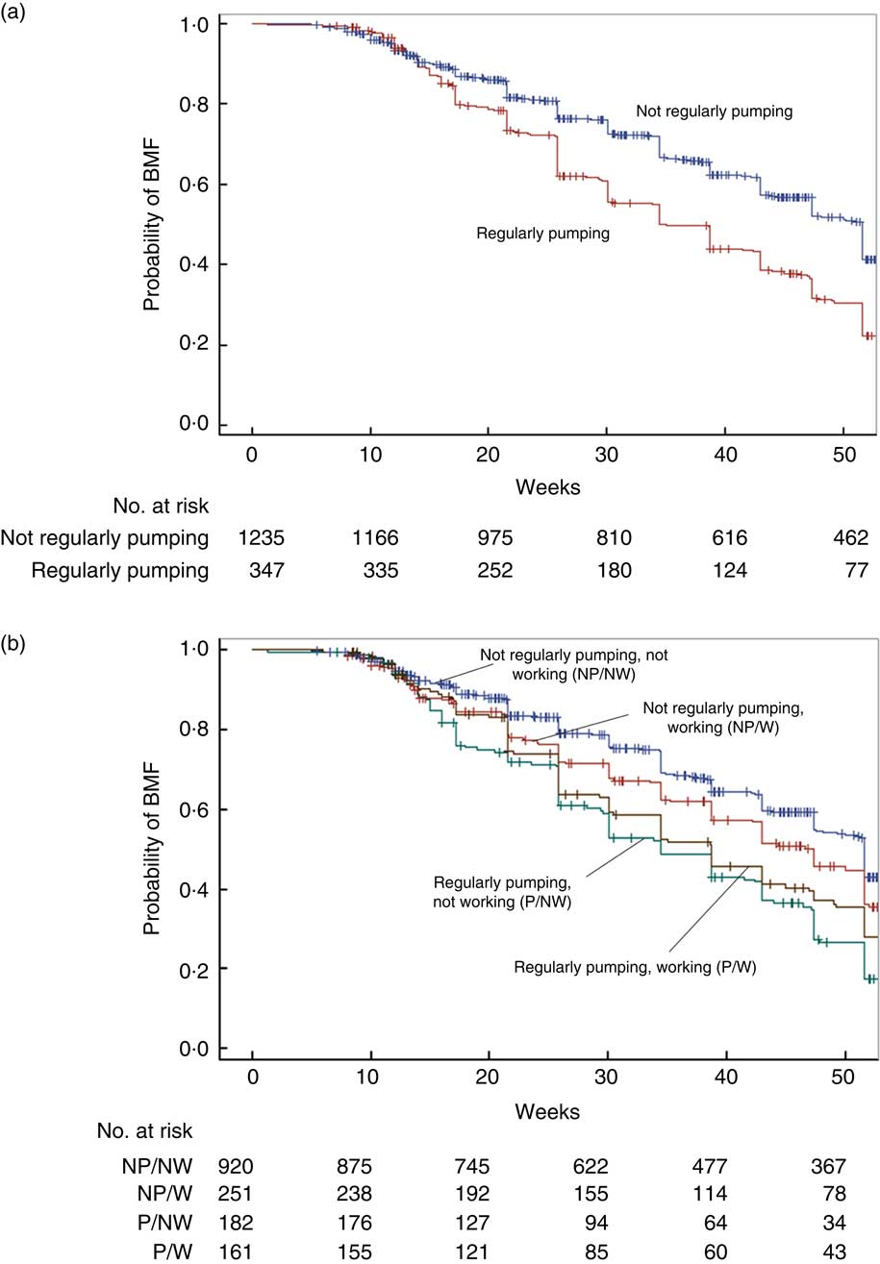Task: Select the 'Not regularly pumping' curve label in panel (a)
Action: [x=714, y=112]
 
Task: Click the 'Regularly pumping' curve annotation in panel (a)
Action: [x=543, y=233]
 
